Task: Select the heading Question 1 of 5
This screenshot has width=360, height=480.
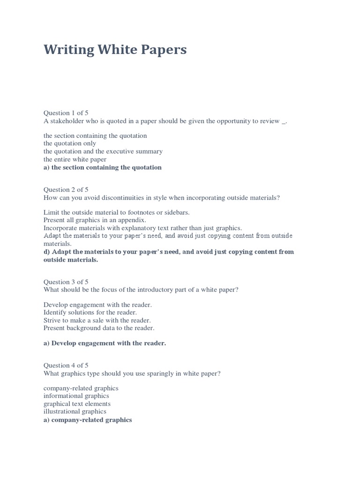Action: pyautogui.click(x=66, y=113)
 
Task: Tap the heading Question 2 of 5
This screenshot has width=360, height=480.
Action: pyautogui.click(x=66, y=190)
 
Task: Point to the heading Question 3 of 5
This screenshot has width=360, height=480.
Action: pyautogui.click(x=66, y=282)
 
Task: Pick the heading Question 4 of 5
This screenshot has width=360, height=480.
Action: pyautogui.click(x=66, y=366)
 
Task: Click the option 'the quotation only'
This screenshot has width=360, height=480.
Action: pyautogui.click(x=70, y=143)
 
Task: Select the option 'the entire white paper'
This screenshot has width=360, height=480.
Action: pyautogui.click(x=75, y=159)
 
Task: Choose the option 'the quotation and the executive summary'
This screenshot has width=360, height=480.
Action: pyautogui.click(x=103, y=151)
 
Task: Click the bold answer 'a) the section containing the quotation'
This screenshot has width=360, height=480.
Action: pyautogui.click(x=102, y=167)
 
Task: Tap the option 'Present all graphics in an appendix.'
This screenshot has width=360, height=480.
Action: pyautogui.click(x=95, y=220)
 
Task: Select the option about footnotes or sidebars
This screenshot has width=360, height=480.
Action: pyautogui.click(x=116, y=212)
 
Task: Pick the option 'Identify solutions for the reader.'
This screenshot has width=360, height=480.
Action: pyautogui.click(x=90, y=312)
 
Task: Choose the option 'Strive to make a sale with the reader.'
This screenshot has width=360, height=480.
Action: pyautogui.click(x=97, y=320)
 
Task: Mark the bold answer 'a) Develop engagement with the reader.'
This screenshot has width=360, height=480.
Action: pyautogui.click(x=105, y=343)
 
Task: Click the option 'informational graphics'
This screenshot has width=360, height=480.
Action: pyautogui.click(x=76, y=396)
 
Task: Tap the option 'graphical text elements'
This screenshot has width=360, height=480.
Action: pyautogui.click(x=77, y=404)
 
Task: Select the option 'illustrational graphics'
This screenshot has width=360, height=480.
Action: pyautogui.click(x=75, y=412)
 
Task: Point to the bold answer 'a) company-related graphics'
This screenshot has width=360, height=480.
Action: pyautogui.click(x=88, y=420)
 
